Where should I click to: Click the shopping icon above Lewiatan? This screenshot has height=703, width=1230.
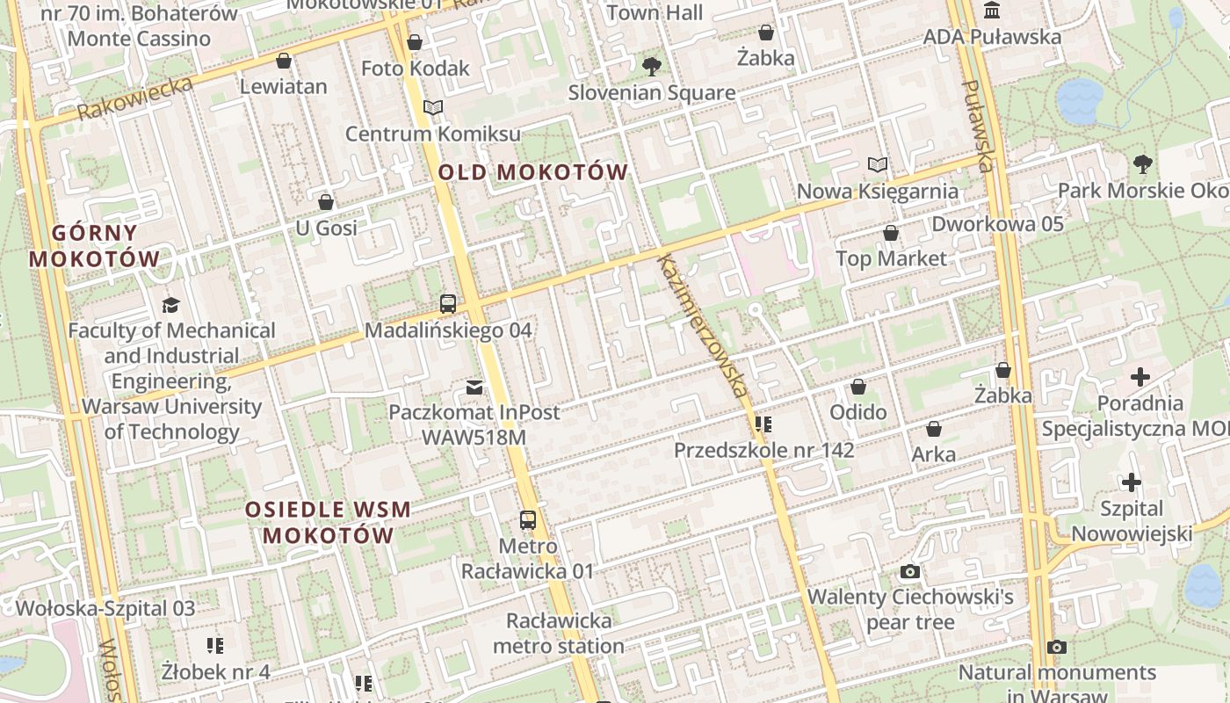tap(283, 61)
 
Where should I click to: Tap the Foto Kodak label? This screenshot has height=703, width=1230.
tap(416, 69)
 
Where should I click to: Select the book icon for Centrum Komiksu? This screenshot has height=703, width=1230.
tap(432, 107)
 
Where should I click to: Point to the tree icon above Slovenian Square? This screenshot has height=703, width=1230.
tap(651, 66)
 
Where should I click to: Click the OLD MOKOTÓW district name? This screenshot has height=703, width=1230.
tap(532, 172)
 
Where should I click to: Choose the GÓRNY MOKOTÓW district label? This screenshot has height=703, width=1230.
tap(95, 246)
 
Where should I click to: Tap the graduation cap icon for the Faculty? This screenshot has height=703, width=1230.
tap(170, 305)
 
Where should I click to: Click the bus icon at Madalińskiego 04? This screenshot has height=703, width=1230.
tap(448, 304)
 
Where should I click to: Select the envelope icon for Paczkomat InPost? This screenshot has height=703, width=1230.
tap(474, 387)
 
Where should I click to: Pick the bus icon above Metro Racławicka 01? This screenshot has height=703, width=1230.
tap(527, 519)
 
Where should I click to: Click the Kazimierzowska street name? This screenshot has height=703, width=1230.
tap(704, 325)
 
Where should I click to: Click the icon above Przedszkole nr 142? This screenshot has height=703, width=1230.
tap(763, 424)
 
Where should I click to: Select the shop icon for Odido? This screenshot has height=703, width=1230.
tap(858, 387)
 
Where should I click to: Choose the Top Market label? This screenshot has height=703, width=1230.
tap(891, 258)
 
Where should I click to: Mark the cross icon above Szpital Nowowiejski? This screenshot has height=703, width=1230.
tap(1131, 482)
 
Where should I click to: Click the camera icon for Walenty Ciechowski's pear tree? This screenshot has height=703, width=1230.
tap(910, 572)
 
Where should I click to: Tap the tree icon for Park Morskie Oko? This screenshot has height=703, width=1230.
tap(1142, 163)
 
